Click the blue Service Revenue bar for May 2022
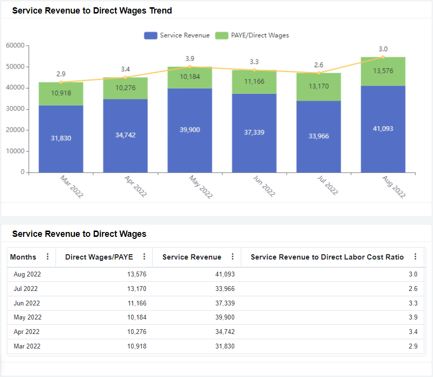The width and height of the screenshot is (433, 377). pyautogui.click(x=189, y=145)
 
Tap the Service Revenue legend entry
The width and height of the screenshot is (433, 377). pyautogui.click(x=177, y=35)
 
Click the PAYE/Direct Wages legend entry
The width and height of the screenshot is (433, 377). pyautogui.click(x=252, y=35)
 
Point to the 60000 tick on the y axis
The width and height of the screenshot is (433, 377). pyautogui.click(x=15, y=45)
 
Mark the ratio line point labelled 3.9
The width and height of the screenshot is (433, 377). pyautogui.click(x=189, y=67)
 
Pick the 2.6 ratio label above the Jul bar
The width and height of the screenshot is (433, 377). pyautogui.click(x=318, y=65)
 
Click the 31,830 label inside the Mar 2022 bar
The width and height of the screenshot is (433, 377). pyautogui.click(x=61, y=138)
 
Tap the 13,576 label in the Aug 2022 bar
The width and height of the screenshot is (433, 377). pyautogui.click(x=383, y=71)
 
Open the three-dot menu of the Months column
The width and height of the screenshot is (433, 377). pyautogui.click(x=47, y=257)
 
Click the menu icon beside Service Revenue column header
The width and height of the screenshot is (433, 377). pyautogui.click(x=232, y=257)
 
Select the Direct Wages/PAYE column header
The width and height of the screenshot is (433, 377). pyautogui.click(x=99, y=257)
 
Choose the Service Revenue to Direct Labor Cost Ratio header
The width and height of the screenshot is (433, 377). pyautogui.click(x=327, y=257)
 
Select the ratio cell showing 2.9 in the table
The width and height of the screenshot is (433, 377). pyautogui.click(x=413, y=346)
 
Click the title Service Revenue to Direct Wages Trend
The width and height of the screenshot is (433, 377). pyautogui.click(x=92, y=11)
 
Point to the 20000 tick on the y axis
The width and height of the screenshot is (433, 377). pyautogui.click(x=15, y=130)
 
